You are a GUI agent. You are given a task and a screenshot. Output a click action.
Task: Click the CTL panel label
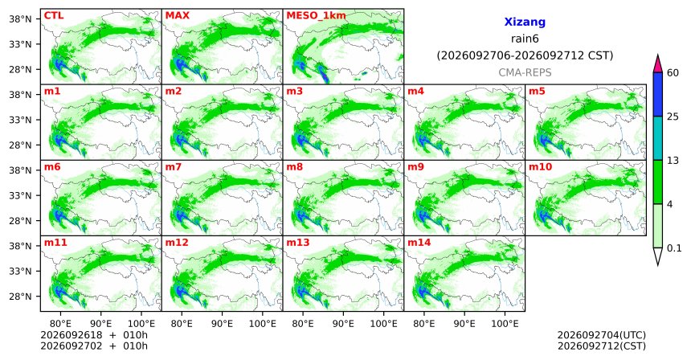54,16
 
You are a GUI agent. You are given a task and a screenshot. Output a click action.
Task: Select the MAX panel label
177,16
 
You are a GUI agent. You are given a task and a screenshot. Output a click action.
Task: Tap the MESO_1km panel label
316,16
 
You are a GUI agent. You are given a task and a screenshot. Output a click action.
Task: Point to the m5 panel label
537,92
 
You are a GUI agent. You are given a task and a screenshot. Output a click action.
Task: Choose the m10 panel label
540,167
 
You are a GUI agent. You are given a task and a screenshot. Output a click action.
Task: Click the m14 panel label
419,243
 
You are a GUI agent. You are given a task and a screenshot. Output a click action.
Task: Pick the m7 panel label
174,167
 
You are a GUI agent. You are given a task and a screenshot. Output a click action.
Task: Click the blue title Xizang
525,22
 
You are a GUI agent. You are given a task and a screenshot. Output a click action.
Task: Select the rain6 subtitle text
525,39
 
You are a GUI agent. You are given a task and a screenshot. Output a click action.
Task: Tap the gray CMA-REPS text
525,72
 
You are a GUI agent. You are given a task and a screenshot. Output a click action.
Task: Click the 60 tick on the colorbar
673,72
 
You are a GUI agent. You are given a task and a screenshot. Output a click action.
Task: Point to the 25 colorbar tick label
673,117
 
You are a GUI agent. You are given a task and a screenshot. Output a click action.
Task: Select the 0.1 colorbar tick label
674,248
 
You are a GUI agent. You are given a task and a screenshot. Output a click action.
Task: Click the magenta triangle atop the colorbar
658,64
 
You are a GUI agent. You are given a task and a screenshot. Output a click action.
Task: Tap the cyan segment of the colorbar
658,138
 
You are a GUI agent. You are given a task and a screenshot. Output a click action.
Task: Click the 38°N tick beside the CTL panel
21,19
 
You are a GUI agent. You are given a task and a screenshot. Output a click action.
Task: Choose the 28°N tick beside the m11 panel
21,297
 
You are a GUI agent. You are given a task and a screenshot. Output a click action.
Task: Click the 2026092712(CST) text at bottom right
602,346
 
